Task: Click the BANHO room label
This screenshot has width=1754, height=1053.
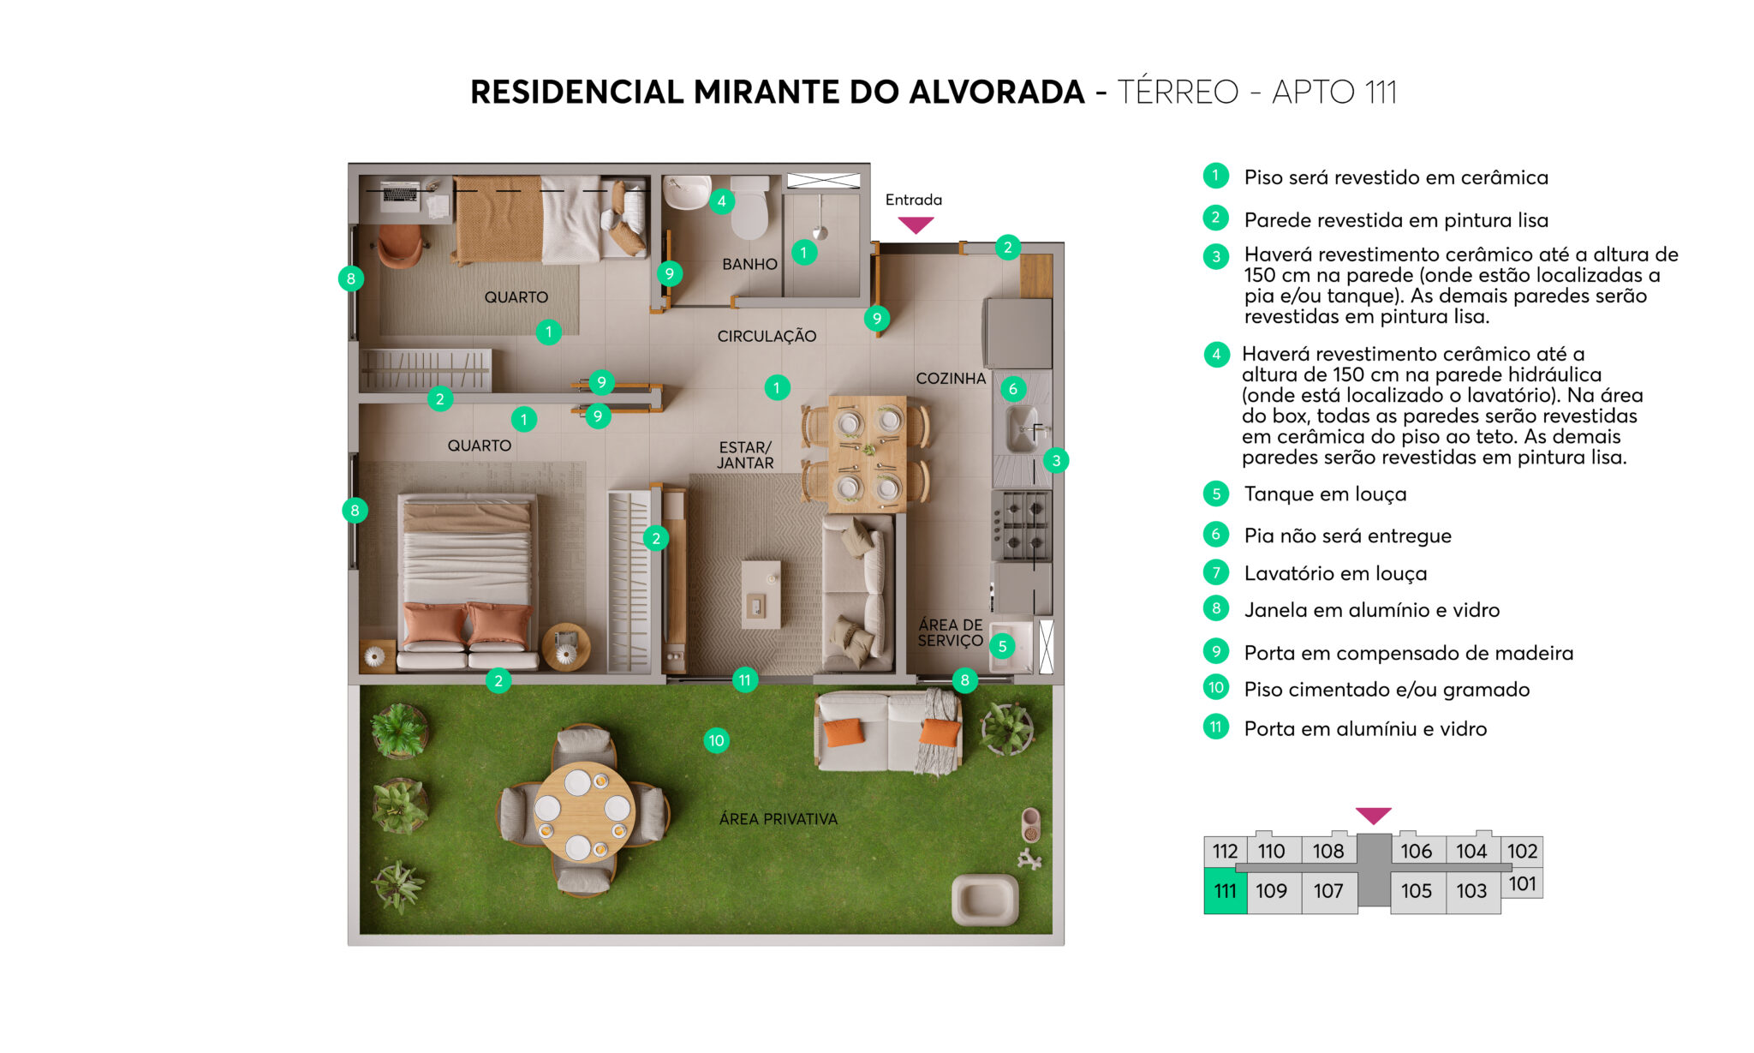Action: [x=749, y=264]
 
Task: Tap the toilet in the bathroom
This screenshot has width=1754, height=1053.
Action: [x=750, y=210]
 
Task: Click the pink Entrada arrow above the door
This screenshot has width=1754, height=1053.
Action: [x=916, y=224]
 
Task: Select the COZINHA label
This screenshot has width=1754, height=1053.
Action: [x=951, y=378]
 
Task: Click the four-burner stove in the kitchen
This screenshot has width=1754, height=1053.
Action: [x=1022, y=524]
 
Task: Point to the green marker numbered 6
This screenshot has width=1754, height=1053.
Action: [x=1012, y=389]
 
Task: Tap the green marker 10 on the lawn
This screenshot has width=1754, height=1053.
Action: [x=716, y=740]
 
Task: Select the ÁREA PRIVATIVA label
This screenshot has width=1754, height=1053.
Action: [x=778, y=819]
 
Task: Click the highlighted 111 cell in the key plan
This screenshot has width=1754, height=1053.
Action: [x=1225, y=891]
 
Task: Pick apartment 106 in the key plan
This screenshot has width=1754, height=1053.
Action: [x=1416, y=851]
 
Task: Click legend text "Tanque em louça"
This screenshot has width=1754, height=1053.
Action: [x=1325, y=494]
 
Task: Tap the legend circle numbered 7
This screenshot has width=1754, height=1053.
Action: [x=1215, y=572]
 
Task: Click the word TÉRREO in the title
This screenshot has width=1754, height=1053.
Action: [x=1178, y=92]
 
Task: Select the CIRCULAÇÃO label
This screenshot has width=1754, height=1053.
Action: [x=767, y=336]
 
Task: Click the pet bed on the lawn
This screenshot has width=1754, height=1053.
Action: [x=985, y=899]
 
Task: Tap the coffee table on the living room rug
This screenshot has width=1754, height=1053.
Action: [x=761, y=594]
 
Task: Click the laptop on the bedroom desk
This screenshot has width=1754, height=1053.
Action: [x=400, y=192]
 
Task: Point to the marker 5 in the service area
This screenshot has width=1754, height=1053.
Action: [x=1002, y=646]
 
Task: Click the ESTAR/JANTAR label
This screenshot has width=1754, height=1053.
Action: [x=745, y=455]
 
